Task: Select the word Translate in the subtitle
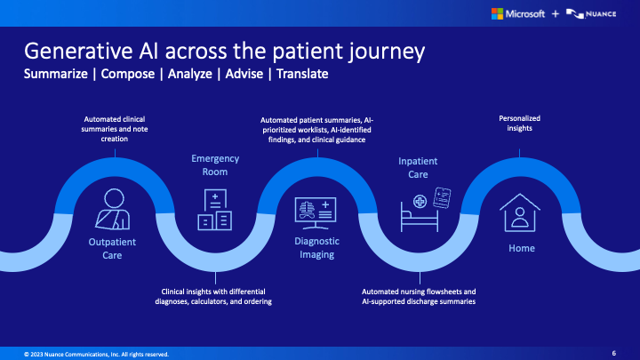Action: tap(302, 74)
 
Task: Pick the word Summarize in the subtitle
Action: tap(55, 74)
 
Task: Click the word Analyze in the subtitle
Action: tap(188, 74)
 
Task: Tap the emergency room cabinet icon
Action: tap(214, 210)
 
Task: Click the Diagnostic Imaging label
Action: tap(315, 248)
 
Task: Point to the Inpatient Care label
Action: tap(419, 168)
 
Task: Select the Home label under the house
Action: tap(522, 248)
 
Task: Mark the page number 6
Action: tap(614, 353)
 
